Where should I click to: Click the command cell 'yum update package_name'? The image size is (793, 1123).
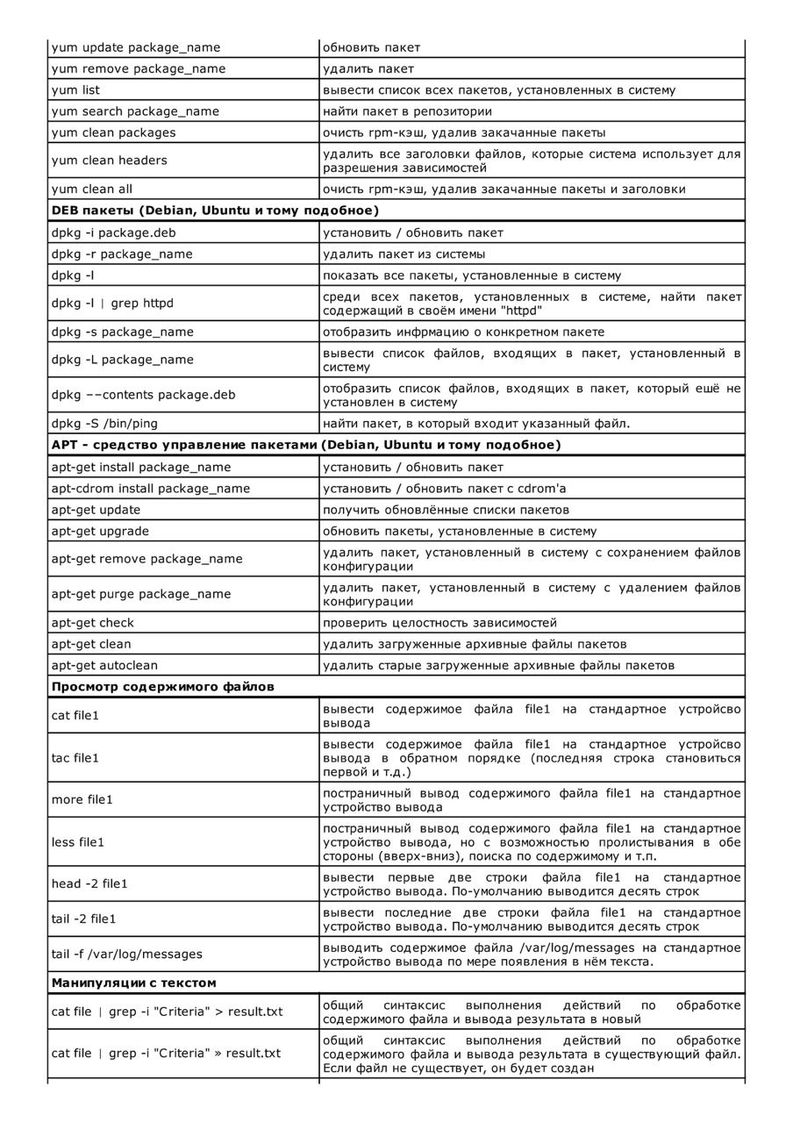(136, 47)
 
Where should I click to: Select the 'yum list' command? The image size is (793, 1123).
(75, 90)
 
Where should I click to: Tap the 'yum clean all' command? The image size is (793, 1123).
(92, 190)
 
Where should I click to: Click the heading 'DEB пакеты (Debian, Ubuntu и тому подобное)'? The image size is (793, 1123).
(215, 211)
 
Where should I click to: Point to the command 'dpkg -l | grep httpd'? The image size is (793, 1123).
(112, 304)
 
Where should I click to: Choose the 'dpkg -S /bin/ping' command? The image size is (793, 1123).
(104, 424)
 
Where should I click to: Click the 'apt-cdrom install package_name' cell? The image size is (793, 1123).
(151, 489)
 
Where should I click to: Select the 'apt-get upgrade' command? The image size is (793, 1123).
(100, 532)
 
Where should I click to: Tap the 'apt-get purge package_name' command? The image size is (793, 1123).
(141, 594)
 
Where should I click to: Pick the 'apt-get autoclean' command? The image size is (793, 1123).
(104, 666)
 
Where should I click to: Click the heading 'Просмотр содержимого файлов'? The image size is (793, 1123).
(162, 687)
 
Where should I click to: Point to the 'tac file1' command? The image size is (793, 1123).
(75, 758)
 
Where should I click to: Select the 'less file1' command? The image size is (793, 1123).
(78, 842)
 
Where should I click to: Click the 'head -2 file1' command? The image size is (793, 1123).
(89, 884)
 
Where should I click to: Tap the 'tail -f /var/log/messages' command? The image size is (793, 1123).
(126, 955)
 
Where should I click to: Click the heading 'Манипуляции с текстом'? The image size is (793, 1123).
(133, 983)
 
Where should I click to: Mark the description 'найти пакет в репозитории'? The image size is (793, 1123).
(407, 111)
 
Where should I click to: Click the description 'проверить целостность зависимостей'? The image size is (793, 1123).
(439, 623)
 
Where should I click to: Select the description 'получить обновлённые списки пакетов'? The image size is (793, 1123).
(446, 511)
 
